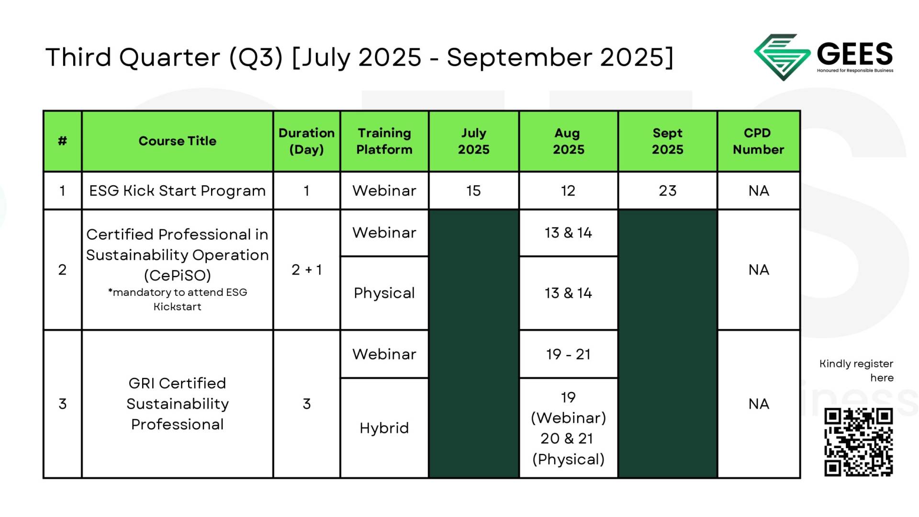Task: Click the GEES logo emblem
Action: tap(782, 56)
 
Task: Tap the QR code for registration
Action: tap(858, 442)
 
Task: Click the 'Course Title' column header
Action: tap(178, 141)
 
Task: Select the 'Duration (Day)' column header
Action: tap(307, 141)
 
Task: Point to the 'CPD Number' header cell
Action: tap(759, 141)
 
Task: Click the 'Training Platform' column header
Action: tap(384, 141)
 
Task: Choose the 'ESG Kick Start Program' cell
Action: tap(178, 191)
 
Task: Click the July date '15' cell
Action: tap(474, 191)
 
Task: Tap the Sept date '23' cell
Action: tap(668, 191)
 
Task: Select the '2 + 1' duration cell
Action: tap(307, 270)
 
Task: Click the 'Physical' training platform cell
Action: tap(384, 293)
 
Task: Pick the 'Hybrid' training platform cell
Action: tap(384, 428)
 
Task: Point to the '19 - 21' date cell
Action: tap(569, 354)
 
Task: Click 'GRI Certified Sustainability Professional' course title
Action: tap(178, 404)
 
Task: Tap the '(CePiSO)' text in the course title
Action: tap(178, 275)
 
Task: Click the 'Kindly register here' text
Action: tap(856, 371)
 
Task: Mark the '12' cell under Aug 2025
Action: tap(569, 191)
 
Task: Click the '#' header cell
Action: tap(63, 141)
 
